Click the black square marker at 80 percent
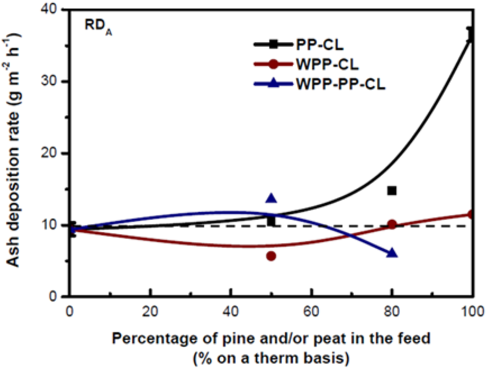coord(392,191)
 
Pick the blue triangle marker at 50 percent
coord(271,199)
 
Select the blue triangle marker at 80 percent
coord(392,253)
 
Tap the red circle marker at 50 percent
coord(271,256)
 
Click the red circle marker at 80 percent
coord(392,225)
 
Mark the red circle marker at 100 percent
coord(471,215)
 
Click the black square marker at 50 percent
coord(271,221)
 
